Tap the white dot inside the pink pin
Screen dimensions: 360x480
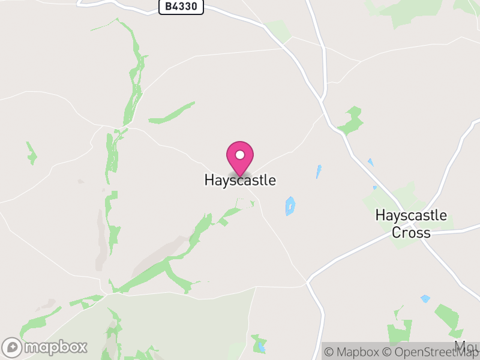[240, 155]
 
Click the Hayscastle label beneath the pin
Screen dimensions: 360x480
[240, 180]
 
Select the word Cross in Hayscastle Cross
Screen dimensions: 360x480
[411, 233]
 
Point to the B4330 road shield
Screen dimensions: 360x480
[181, 7]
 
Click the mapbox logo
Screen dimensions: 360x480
[46, 347]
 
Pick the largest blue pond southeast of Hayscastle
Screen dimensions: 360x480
[290, 206]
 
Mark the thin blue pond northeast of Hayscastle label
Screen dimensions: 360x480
[319, 172]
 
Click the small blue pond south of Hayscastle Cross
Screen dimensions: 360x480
[425, 298]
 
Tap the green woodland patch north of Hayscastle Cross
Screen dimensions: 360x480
[352, 120]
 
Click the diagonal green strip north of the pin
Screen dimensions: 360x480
[172, 113]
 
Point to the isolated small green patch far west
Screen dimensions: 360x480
[31, 154]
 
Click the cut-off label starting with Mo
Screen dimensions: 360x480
[467, 347]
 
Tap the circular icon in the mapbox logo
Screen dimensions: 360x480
[13, 347]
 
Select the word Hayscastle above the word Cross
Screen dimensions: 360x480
[411, 215]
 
